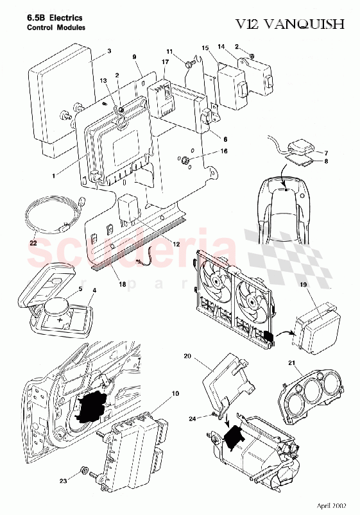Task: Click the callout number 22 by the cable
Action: coord(33,243)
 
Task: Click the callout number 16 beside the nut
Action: coord(206,152)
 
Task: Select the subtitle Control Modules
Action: coord(56,29)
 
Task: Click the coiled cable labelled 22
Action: coord(48,214)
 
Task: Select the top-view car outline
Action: coord(286,208)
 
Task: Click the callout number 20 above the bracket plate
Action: coord(188,355)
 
